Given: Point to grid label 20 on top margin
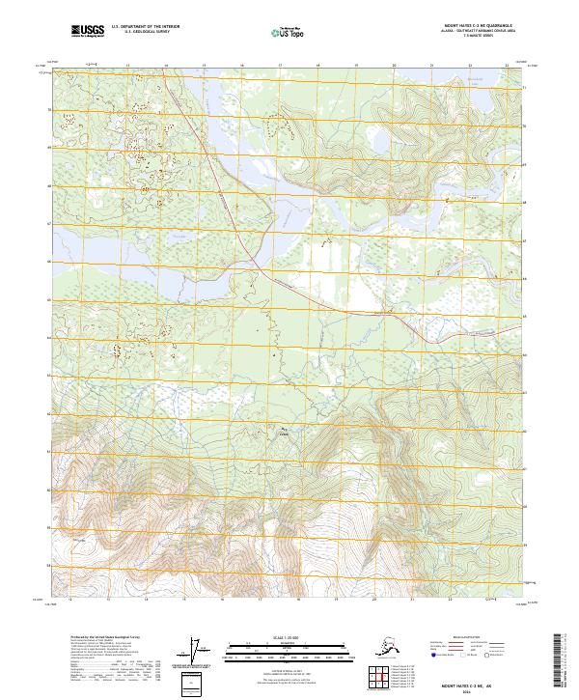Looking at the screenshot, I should pyautogui.click(x=394, y=66).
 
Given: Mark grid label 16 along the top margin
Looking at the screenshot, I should pyautogui.click(x=241, y=66).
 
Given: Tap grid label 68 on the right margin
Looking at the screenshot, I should pyautogui.click(x=525, y=204).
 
